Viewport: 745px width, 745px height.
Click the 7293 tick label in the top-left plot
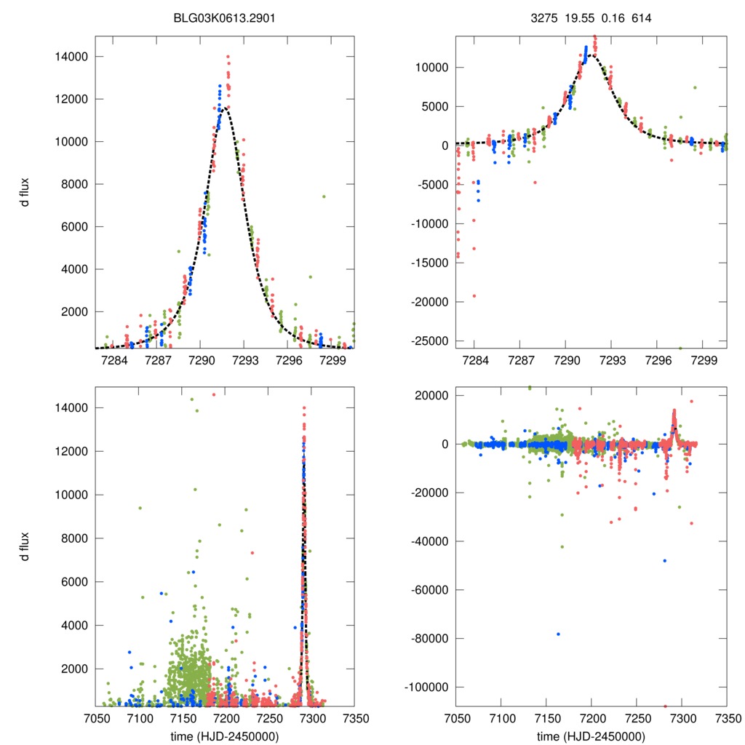point(245,361)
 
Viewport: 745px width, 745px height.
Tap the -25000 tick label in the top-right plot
point(431,340)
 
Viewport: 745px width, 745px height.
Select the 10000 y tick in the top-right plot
point(434,68)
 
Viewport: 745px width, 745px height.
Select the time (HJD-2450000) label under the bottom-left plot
point(225,736)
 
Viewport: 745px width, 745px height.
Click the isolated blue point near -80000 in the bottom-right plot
point(558,634)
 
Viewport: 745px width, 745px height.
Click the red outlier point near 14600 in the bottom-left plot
point(214,394)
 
